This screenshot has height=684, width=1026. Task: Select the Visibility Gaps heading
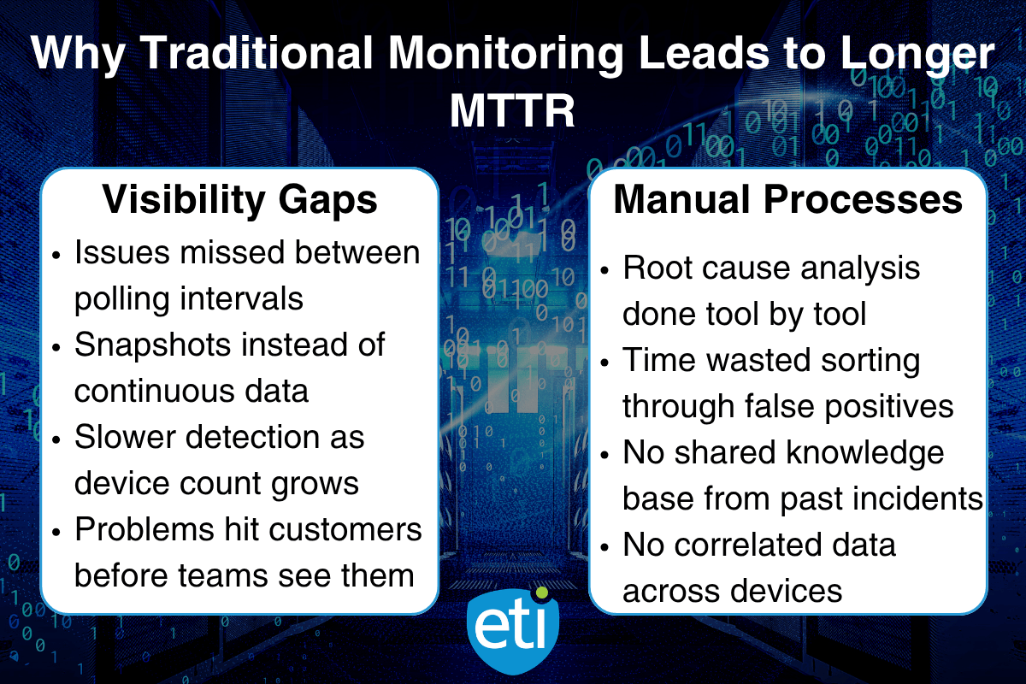[x=240, y=200]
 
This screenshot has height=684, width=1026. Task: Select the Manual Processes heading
[x=788, y=200]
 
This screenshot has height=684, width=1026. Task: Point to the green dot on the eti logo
[x=540, y=592]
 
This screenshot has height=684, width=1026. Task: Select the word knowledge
[x=858, y=452]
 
